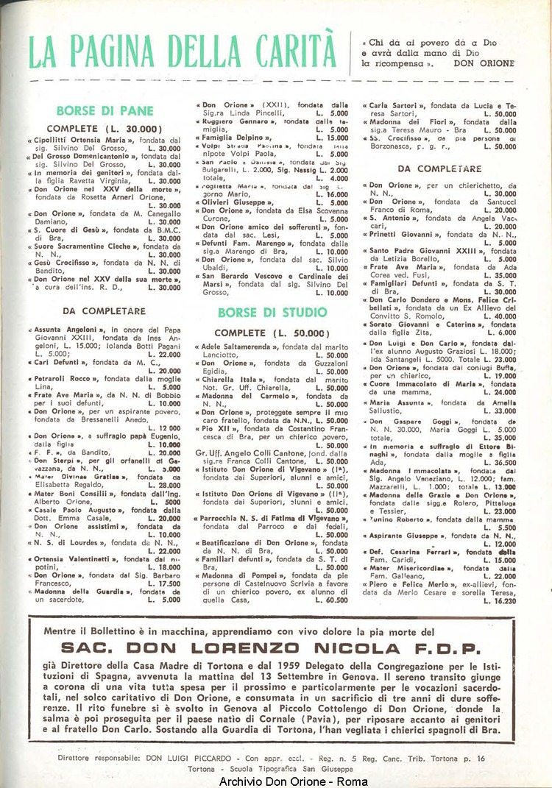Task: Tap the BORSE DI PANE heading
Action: point(105,111)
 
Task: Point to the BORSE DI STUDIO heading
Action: point(272,312)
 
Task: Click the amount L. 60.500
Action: point(333,600)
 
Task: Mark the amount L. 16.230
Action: point(500,600)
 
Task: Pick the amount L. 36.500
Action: point(500,464)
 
